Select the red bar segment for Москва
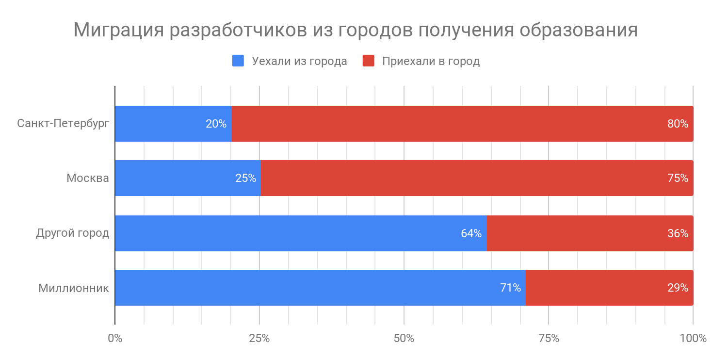point(461,178)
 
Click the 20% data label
point(216,124)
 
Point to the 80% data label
point(678,124)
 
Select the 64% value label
point(471,233)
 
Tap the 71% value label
point(510,288)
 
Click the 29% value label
point(678,288)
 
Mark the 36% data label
point(678,233)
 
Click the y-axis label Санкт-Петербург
point(63,123)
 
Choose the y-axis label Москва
point(88,178)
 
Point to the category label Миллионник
point(74,288)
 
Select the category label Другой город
point(73,233)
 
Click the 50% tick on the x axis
point(404,338)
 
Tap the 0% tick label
point(115,338)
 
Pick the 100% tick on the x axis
point(693,338)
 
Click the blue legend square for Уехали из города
point(238,61)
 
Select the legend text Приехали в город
point(431,62)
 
